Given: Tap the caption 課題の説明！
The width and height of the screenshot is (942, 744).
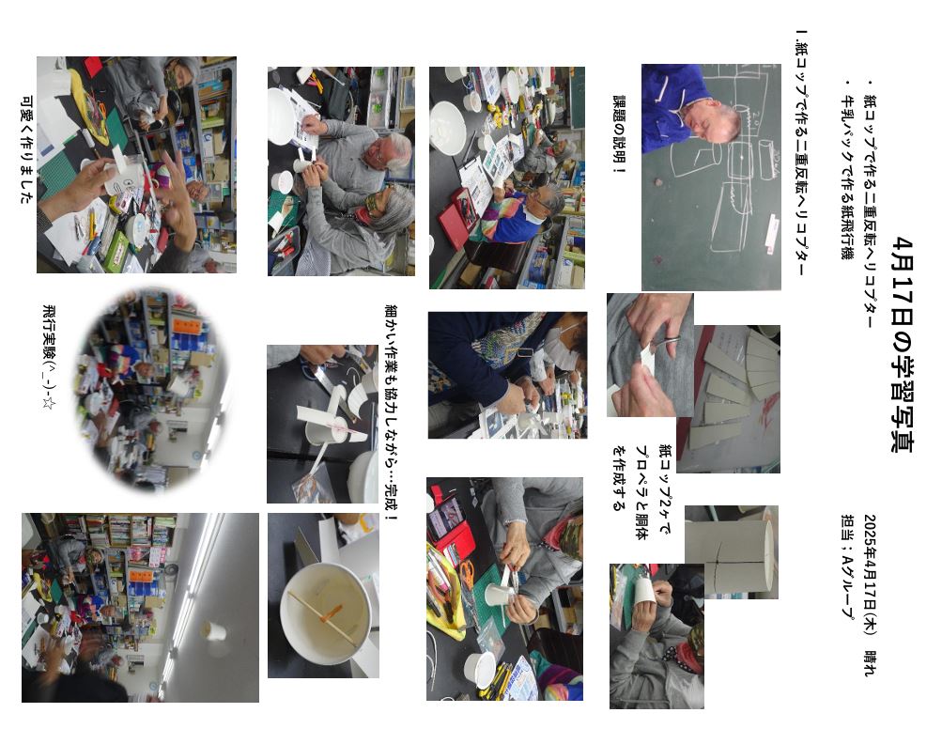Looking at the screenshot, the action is (x=619, y=134).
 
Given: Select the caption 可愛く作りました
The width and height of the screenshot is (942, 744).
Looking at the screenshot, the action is (x=26, y=150).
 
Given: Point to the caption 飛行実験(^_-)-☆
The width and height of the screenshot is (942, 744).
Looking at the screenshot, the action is (x=49, y=358).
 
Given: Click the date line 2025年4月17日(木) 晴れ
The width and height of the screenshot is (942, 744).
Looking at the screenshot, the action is (x=871, y=595).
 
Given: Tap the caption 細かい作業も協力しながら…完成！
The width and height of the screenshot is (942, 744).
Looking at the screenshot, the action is (x=391, y=412).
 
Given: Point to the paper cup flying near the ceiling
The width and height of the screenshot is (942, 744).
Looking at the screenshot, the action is (x=214, y=631).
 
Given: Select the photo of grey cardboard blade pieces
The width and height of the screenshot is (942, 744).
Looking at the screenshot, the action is (x=729, y=399).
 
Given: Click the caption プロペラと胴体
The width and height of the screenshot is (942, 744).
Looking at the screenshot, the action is (x=641, y=492).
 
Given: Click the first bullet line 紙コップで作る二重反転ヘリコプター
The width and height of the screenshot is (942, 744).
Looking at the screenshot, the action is (x=871, y=205).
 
